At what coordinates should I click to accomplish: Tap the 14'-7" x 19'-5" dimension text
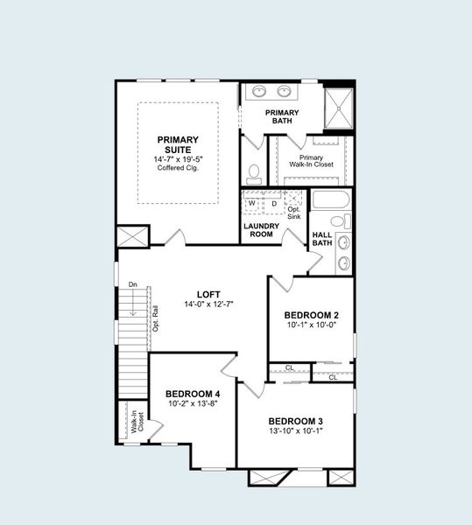[x=178, y=159]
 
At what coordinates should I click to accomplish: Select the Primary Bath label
[x=283, y=116]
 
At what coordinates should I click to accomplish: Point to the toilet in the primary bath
[x=255, y=171]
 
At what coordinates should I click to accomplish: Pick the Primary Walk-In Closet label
[x=311, y=161]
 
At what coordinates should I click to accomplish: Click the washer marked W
[x=252, y=203]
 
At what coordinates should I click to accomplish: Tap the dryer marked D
[x=273, y=203]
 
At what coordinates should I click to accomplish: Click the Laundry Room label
[x=260, y=230]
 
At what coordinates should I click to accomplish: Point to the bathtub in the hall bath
[x=331, y=199]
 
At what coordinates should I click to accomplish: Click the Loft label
[x=208, y=294]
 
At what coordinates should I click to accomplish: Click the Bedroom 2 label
[x=311, y=315]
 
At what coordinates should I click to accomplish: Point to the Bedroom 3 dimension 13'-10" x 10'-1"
[x=295, y=430]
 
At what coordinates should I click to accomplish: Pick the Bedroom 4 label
[x=193, y=395]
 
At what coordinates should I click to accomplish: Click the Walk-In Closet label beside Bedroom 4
[x=137, y=423]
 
